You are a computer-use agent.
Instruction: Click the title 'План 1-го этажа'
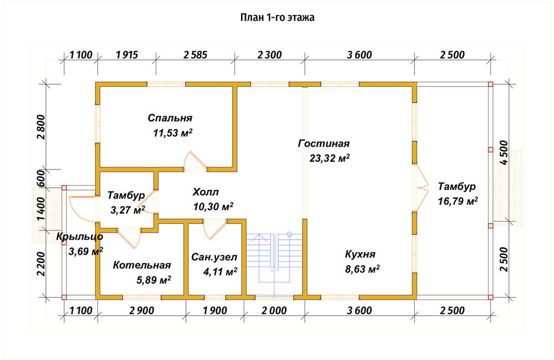pos(278,17)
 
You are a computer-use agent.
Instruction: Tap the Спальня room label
pos(170,117)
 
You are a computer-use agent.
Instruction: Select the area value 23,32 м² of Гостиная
pos(330,158)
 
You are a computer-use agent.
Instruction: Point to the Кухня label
pos(360,254)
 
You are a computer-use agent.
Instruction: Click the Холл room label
pos(206,192)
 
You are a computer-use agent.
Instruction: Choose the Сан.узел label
pos(214,257)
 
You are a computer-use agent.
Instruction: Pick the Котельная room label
pos(142,265)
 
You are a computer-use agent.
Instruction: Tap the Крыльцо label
pos(79,236)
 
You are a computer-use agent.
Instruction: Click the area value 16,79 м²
pos(458,201)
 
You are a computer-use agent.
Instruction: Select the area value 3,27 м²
pos(127,210)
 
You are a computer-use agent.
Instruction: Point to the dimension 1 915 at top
pos(126,55)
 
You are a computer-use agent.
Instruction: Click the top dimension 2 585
pos(196,55)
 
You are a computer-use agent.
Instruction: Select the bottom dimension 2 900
pos(142,311)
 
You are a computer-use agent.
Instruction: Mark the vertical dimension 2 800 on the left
pos(41,127)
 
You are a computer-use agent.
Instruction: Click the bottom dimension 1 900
pos(215,311)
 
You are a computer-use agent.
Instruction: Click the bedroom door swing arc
pos(196,158)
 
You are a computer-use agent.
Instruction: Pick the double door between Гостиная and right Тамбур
pos(420,188)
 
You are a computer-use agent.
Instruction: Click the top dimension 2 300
pos(270,55)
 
